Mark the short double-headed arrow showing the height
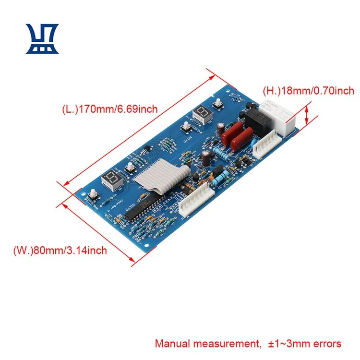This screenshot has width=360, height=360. [x=308, y=115]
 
